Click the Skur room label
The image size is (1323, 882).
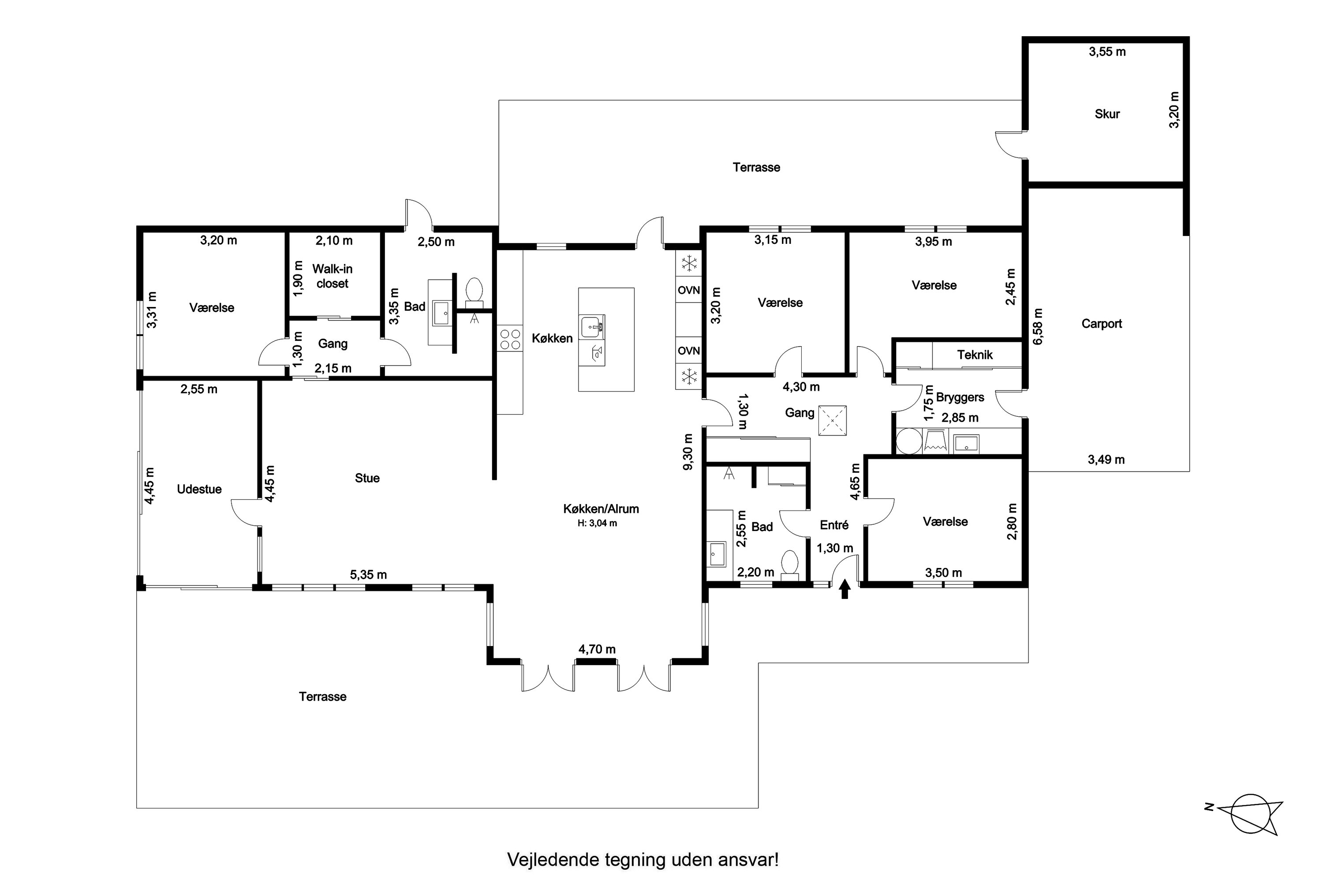pos(1106,114)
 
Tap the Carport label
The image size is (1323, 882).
pos(1101,324)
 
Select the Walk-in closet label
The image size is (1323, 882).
pos(333,276)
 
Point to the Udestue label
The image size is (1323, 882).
pos(199,490)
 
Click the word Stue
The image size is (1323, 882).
pos(367,478)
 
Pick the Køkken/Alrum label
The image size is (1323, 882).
pos(601,509)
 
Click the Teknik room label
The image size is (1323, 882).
pos(975,355)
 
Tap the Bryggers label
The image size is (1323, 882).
pos(960,398)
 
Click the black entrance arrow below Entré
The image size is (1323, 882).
pos(845,590)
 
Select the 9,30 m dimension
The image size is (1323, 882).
pos(688,451)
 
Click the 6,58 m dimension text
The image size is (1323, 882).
pos(1038,327)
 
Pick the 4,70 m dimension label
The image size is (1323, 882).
pos(597,650)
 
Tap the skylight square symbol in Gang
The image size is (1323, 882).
pos(833,420)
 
